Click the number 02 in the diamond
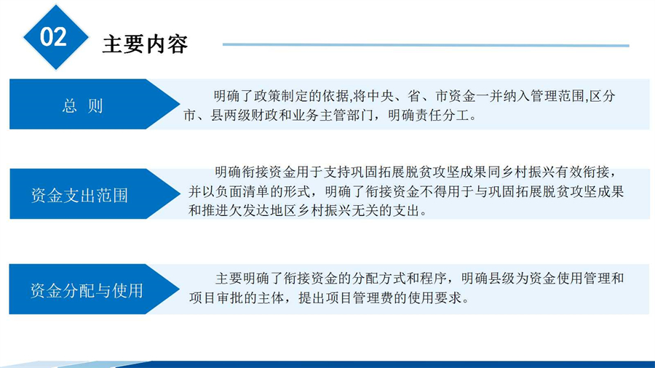tap(53, 36)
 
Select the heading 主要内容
tap(145, 44)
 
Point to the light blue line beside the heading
tap(426, 44)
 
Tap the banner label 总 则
tap(82, 106)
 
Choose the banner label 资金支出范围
tap(79, 195)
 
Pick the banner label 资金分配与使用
tap(87, 290)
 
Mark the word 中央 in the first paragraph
tap(379, 96)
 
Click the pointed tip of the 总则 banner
tap(180, 104)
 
